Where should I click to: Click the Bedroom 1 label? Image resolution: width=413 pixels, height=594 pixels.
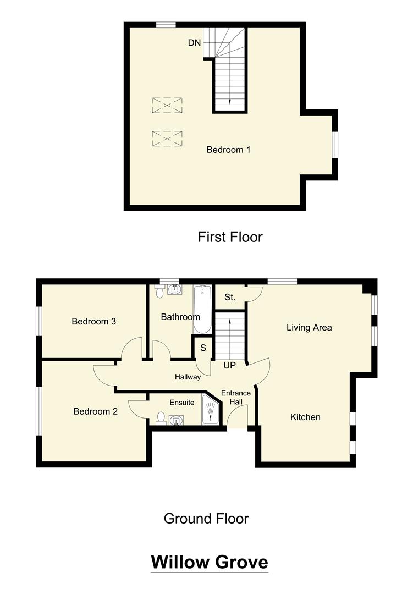point(228,150)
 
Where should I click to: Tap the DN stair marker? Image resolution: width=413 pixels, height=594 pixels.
point(194,43)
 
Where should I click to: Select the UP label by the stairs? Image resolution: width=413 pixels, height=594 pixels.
point(230,365)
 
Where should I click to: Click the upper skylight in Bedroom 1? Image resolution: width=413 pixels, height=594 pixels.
point(167,105)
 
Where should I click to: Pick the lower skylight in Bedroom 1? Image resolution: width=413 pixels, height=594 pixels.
point(167,139)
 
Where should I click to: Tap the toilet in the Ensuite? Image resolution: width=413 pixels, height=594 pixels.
point(161,419)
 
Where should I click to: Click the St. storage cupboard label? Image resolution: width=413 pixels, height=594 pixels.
point(230,298)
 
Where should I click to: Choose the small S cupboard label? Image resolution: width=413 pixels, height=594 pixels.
point(203,348)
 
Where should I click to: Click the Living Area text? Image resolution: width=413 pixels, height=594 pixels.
point(309,327)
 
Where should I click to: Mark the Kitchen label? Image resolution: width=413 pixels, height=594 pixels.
point(305,417)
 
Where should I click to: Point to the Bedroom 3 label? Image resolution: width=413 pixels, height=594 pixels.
point(93,321)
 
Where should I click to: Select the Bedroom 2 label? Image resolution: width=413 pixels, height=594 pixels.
point(95,411)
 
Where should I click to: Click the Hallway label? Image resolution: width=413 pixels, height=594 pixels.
point(188,377)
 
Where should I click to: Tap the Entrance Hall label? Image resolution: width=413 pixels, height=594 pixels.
point(236,398)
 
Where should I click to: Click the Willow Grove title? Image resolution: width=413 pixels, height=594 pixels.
point(210,562)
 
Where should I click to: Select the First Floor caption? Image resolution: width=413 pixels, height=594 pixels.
point(230,237)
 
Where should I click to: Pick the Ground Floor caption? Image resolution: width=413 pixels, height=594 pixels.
point(206,518)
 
